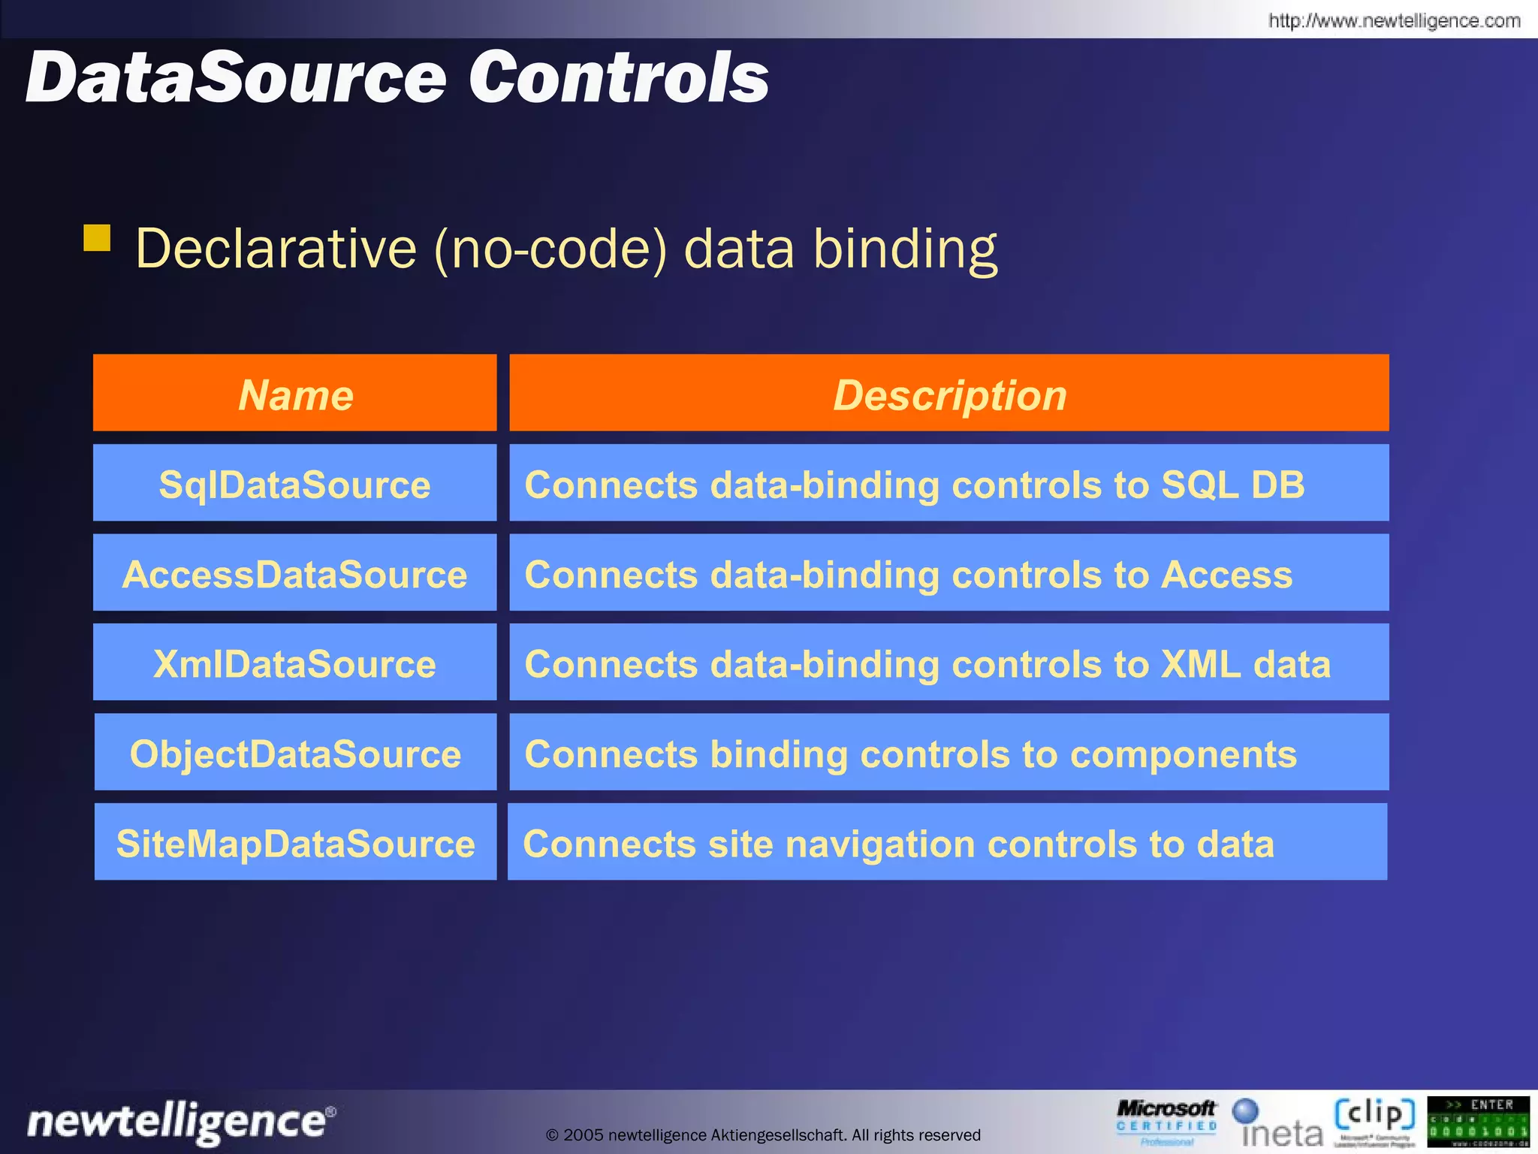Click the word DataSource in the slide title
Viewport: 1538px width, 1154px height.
(x=237, y=78)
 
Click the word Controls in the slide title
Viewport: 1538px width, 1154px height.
(x=619, y=78)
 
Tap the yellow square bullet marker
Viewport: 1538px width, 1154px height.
(x=97, y=238)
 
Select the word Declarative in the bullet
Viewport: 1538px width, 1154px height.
(x=276, y=249)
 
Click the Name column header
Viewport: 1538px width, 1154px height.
(x=295, y=394)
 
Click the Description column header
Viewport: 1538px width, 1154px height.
(x=949, y=394)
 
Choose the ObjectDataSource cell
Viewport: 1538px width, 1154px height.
(x=295, y=754)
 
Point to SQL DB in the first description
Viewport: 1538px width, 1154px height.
(x=1232, y=485)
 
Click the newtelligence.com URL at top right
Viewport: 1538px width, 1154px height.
(x=1394, y=20)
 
